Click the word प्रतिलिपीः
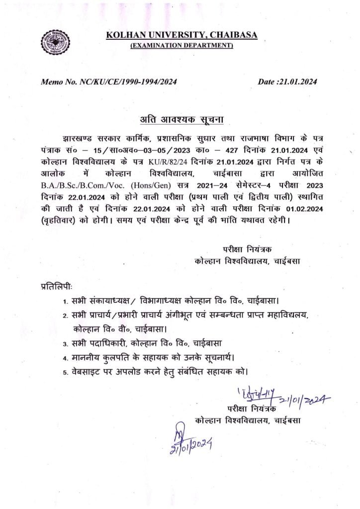(x=56, y=287)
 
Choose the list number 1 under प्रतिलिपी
(x=65, y=302)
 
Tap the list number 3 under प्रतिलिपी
(x=65, y=343)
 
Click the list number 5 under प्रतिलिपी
(x=65, y=371)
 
